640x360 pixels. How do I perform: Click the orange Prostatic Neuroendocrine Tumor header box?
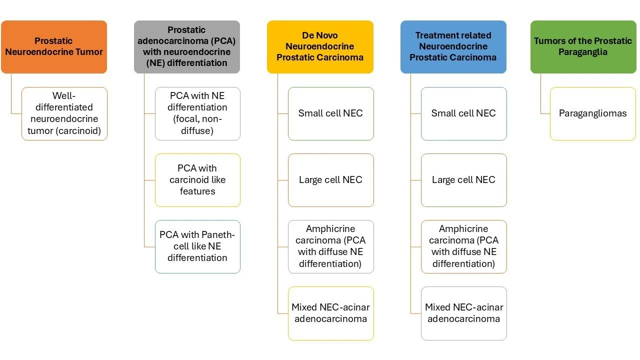(x=54, y=47)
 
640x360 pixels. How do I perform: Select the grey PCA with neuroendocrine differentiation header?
(x=187, y=47)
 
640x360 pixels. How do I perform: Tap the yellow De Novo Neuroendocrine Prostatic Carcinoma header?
(x=320, y=47)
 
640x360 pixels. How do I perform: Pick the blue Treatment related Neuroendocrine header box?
(x=453, y=47)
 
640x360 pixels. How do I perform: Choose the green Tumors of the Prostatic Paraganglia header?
(x=583, y=47)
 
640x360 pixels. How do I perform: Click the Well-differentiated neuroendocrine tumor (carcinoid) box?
(x=64, y=113)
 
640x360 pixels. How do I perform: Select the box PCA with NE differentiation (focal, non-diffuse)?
(x=197, y=113)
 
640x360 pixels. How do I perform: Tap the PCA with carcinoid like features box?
(x=197, y=180)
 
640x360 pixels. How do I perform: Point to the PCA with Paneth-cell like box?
(x=197, y=246)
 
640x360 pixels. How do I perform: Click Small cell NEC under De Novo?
(x=330, y=113)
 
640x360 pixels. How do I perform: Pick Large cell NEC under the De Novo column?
(x=330, y=180)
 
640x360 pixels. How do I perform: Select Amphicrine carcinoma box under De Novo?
(x=330, y=246)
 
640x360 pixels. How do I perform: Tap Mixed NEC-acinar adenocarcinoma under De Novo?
(x=330, y=313)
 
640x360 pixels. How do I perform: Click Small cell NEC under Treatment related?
(x=463, y=113)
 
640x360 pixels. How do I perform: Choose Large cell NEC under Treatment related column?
(x=463, y=180)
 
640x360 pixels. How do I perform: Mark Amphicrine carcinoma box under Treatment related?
(x=463, y=246)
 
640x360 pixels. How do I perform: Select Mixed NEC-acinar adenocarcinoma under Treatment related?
(x=463, y=313)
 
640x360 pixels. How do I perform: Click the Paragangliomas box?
(x=592, y=113)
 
